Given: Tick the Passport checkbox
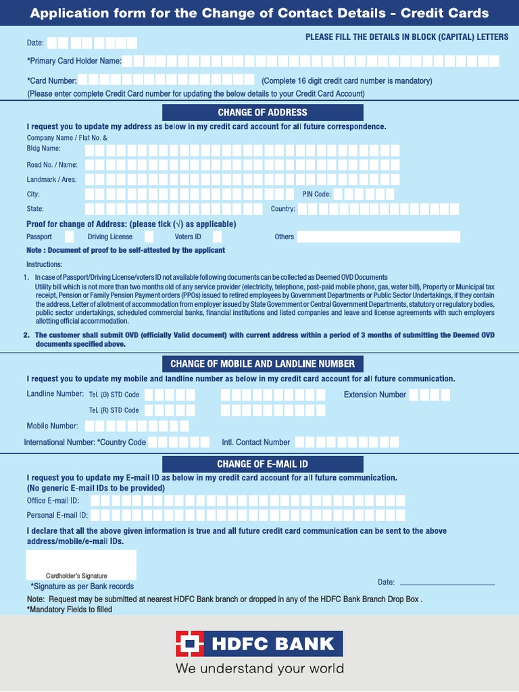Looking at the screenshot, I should click(x=69, y=237).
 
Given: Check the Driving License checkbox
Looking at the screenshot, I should click(x=149, y=237).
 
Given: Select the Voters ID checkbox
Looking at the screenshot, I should click(x=216, y=237).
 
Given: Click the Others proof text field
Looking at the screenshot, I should click(x=378, y=237).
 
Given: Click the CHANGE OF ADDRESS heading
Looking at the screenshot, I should click(x=262, y=112).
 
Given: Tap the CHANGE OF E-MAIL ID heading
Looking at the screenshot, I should click(x=262, y=464).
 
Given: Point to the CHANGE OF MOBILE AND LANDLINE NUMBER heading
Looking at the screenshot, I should click(x=262, y=364).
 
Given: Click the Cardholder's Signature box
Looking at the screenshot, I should click(x=81, y=564).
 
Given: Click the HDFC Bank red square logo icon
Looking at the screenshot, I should click(x=190, y=644).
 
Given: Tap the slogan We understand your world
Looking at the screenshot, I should click(x=259, y=669).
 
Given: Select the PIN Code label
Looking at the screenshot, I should click(x=312, y=195).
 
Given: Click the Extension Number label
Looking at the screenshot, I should click(x=374, y=395).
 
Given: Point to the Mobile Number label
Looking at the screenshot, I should click(x=52, y=426).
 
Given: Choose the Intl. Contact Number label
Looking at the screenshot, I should click(x=255, y=443).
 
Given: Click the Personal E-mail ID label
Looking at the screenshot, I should click(x=57, y=516).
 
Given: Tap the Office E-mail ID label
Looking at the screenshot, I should click(x=53, y=501).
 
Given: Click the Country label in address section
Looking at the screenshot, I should click(x=282, y=209).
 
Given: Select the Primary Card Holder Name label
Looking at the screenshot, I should click(x=74, y=61).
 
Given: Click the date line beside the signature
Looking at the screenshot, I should click(x=447, y=582).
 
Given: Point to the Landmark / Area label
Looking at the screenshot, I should click(x=51, y=180).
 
